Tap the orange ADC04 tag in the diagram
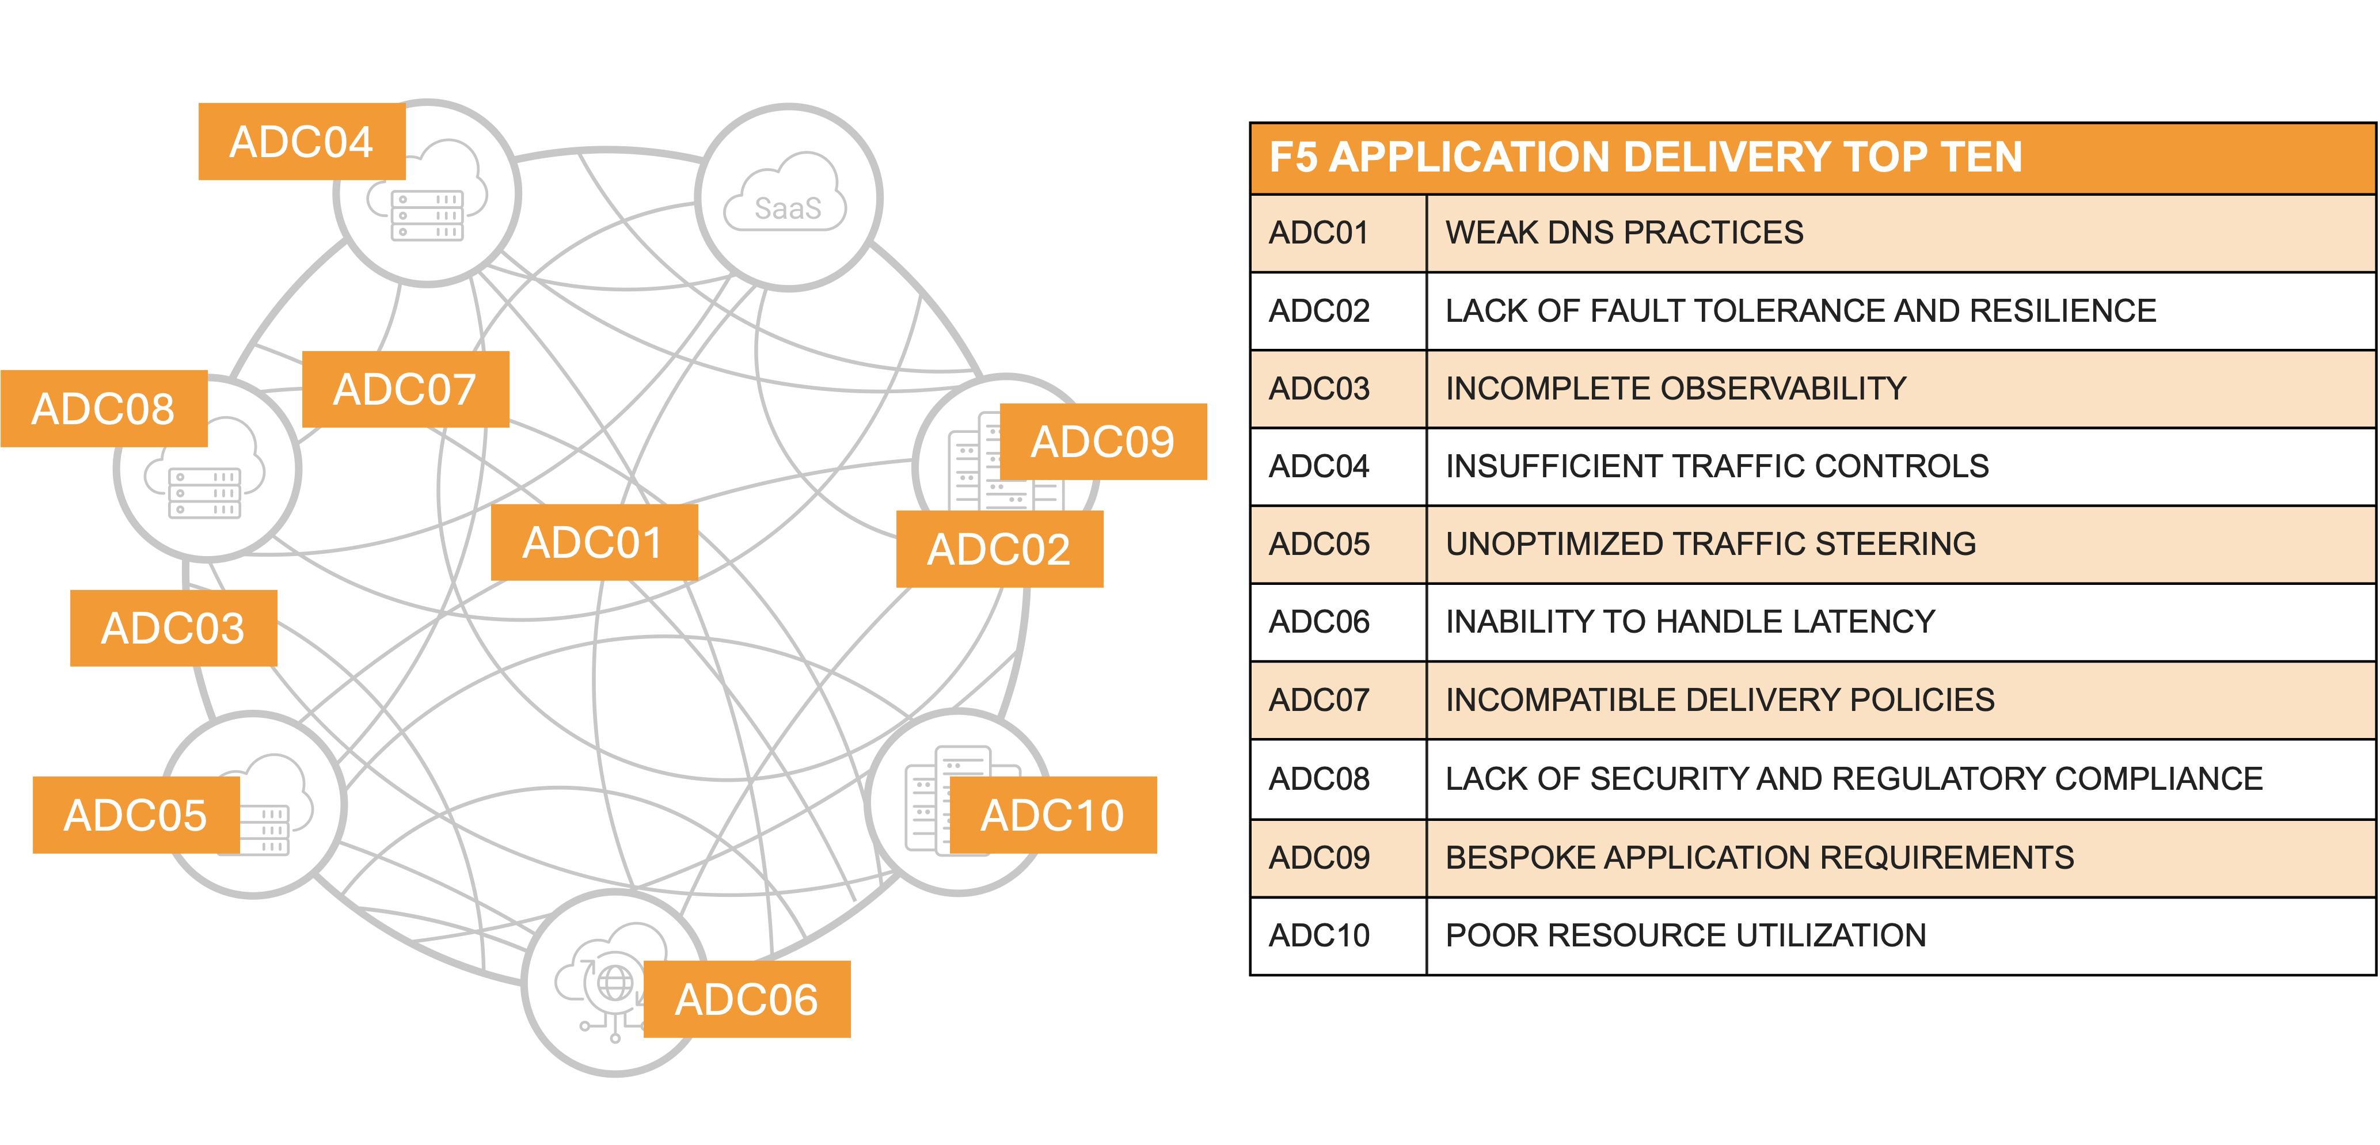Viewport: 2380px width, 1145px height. click(x=301, y=142)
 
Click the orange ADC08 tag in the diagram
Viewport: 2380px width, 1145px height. click(x=104, y=409)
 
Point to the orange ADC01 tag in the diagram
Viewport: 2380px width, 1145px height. click(x=593, y=542)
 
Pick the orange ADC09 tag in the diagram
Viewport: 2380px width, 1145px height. click(x=1102, y=442)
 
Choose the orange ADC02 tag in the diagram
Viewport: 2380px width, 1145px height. click(x=999, y=549)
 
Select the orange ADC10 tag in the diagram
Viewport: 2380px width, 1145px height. click(x=1052, y=815)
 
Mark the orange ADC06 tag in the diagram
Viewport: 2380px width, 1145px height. click(x=747, y=999)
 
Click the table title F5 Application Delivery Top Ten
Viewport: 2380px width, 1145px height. click(x=1645, y=157)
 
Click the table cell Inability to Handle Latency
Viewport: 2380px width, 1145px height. click(x=1690, y=622)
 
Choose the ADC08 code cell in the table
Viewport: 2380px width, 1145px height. click(x=1320, y=779)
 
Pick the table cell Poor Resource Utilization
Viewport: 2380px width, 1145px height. click(x=1685, y=935)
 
